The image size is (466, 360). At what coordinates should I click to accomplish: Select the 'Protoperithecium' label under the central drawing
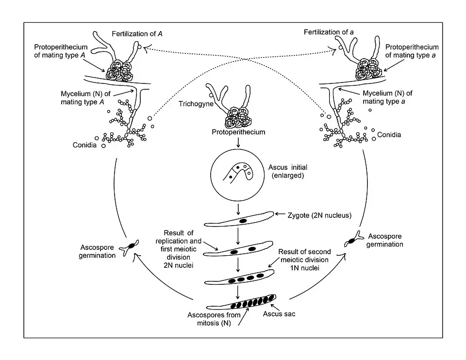238,132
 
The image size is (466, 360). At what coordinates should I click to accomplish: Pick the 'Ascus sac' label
279,314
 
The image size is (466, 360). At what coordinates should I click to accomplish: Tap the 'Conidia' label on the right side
389,134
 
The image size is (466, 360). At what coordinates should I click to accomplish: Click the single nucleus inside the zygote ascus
242,221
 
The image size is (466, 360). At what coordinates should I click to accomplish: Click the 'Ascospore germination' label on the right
385,240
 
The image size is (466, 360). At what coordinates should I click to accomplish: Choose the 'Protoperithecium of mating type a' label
412,51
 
